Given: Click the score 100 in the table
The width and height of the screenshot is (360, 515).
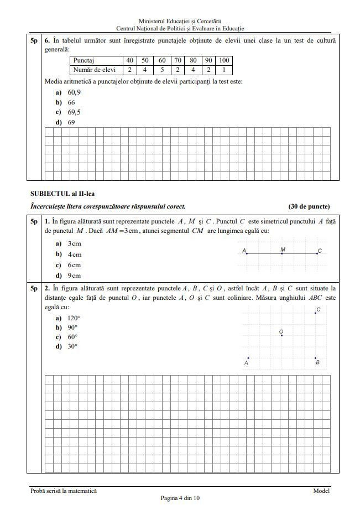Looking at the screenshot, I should (223, 60).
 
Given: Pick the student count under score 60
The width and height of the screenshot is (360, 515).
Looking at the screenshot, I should (162, 70).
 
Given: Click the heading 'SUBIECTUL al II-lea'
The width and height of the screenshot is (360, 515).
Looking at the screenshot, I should (62, 194).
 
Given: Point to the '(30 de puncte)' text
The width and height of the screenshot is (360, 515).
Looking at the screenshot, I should (309, 207).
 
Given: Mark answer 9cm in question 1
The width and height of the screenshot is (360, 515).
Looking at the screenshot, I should (74, 275).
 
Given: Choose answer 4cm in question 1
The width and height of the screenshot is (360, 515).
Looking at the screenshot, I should (74, 254).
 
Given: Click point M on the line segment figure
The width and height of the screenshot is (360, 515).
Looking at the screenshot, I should (282, 253).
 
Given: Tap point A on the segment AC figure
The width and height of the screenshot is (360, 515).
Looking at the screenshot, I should (247, 253).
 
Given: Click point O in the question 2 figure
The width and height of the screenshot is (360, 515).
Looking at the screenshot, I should (282, 335).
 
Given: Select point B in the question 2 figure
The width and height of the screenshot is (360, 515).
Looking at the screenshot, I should (316, 358).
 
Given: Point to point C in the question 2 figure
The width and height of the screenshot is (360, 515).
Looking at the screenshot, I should (316, 313).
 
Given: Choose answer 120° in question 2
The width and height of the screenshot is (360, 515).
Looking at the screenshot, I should (74, 318).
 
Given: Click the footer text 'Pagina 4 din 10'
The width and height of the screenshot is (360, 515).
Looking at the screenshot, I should (180, 498).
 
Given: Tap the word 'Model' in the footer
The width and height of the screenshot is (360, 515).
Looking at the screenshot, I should (321, 491).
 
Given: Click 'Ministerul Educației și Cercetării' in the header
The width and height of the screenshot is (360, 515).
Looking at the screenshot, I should (180, 21).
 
